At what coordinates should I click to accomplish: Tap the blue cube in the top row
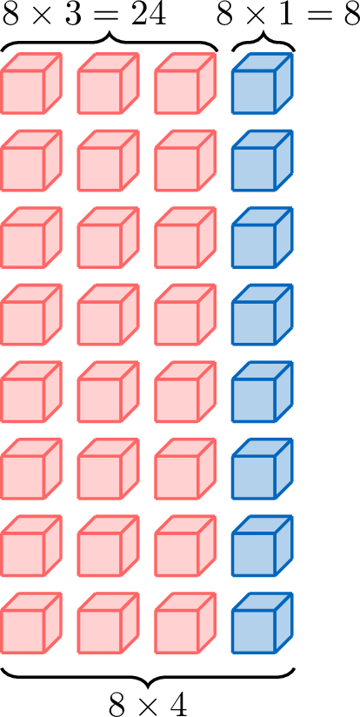[263, 84]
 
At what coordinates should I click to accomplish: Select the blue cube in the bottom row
[263, 623]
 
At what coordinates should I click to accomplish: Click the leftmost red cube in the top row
[31, 84]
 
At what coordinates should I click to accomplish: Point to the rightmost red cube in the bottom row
[185, 623]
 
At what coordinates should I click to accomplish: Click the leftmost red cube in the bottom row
[31, 623]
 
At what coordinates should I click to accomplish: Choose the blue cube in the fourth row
[263, 315]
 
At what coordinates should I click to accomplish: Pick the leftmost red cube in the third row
[31, 238]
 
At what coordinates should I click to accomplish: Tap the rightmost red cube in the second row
[185, 160]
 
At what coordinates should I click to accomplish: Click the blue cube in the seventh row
[263, 546]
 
